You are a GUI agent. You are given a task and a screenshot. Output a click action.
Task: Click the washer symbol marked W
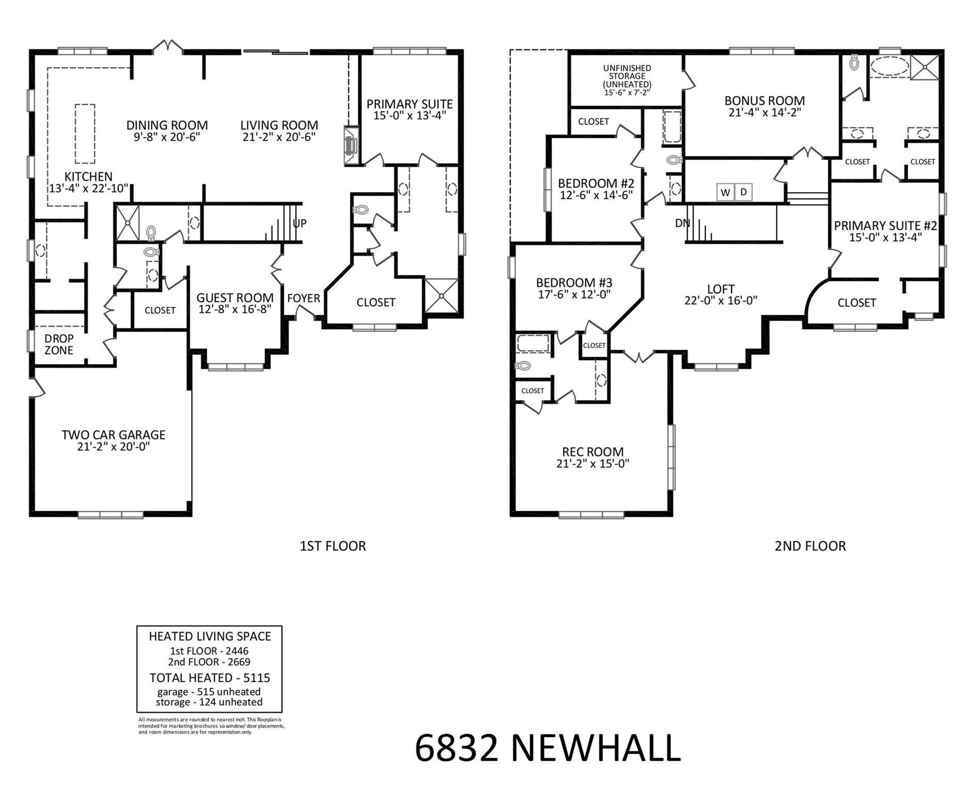[x=725, y=193]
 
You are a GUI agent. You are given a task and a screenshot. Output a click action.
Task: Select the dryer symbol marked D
[x=744, y=193]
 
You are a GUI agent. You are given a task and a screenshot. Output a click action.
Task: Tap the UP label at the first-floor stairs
[x=299, y=224]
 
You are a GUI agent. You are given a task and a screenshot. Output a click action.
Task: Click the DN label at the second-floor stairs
[x=682, y=223]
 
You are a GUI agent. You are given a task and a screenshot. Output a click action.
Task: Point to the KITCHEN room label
[x=88, y=177]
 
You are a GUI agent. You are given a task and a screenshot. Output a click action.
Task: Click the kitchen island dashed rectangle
[x=85, y=133]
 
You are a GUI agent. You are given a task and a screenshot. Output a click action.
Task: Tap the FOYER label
[x=304, y=298]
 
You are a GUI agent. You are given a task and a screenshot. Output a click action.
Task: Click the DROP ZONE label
[x=59, y=344]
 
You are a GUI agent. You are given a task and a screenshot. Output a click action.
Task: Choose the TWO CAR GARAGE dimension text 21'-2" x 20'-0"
[x=114, y=447]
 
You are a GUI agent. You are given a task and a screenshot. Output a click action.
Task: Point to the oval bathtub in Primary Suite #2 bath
[x=889, y=67]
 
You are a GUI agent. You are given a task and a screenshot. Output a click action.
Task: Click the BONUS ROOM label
[x=764, y=101]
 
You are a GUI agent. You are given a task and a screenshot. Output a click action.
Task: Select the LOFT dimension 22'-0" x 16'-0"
[x=721, y=300]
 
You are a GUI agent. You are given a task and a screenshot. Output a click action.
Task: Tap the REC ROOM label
[x=593, y=452]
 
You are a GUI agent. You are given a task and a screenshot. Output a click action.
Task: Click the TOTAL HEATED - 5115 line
[x=210, y=678]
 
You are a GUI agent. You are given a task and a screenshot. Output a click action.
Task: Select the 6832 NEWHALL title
[x=548, y=749]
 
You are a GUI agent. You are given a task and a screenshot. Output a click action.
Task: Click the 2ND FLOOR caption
[x=810, y=546]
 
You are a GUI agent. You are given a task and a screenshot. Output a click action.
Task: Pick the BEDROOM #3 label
[x=574, y=283]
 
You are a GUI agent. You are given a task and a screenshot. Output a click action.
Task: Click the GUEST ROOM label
[x=235, y=298]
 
